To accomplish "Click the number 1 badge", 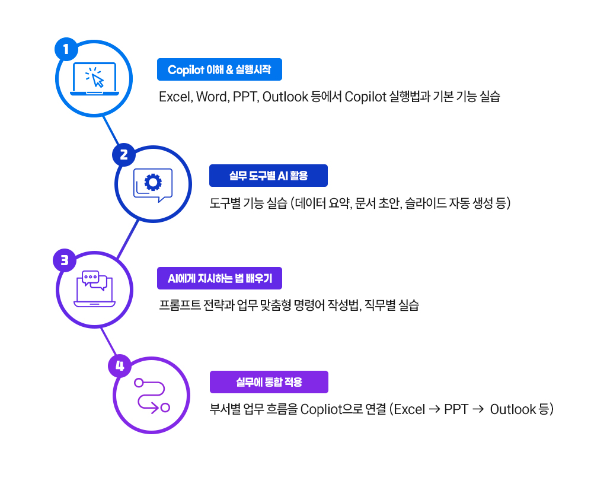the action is point(66,49).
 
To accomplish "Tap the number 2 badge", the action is point(124,155).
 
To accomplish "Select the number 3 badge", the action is point(65,260).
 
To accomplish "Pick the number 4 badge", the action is point(120,366).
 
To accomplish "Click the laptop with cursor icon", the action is point(94,79).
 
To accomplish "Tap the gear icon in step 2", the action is point(153,182).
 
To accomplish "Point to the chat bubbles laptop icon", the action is point(94,289).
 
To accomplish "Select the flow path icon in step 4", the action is point(152,396).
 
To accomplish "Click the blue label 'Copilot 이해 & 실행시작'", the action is point(219,69).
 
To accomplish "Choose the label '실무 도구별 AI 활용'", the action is point(269,176).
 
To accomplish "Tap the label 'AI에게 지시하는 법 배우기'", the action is point(219,278).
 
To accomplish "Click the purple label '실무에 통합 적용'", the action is point(269,382).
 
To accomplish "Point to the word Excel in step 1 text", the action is point(175,97).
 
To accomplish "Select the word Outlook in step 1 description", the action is point(285,97).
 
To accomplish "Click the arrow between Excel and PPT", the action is point(435,409).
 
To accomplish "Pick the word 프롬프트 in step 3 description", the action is point(180,305).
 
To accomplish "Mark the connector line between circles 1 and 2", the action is point(111,130).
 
